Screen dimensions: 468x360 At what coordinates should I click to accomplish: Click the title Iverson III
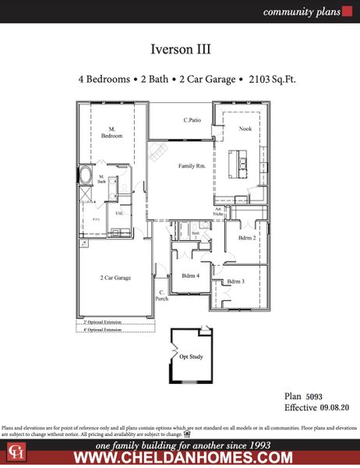(180, 49)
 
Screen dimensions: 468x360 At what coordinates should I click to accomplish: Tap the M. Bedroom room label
(111, 133)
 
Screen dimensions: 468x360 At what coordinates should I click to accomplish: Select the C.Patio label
(193, 120)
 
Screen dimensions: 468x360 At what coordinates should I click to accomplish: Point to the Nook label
(245, 129)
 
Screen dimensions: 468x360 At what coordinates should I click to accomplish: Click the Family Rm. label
(192, 166)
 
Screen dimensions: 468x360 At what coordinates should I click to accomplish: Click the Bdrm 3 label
(236, 281)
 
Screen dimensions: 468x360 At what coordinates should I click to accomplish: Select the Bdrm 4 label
(190, 276)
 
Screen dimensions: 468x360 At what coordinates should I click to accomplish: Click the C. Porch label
(161, 296)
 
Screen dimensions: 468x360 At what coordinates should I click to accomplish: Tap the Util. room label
(120, 213)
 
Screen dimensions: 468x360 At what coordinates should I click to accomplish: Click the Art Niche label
(220, 211)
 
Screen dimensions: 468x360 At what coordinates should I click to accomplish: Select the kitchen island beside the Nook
(233, 165)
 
